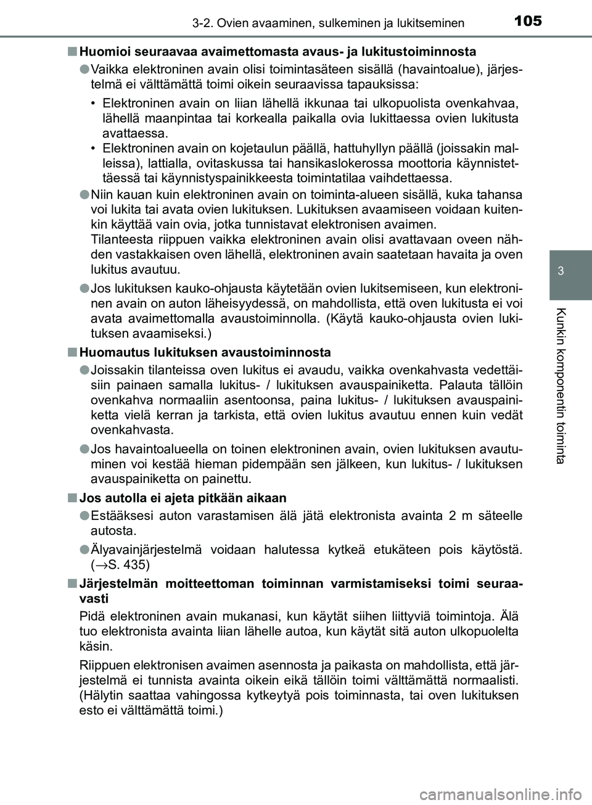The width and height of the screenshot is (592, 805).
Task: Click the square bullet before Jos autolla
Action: tap(73, 498)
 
